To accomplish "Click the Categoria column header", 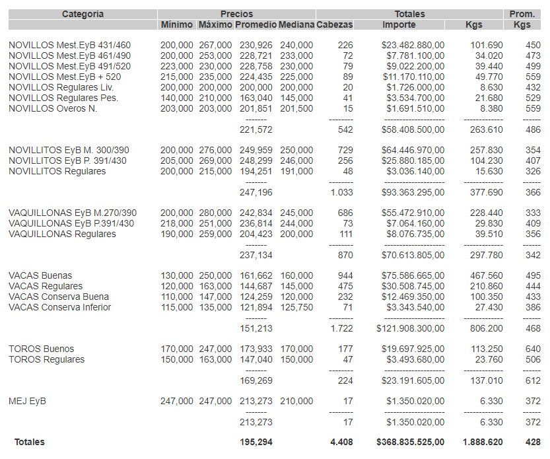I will tap(83, 14).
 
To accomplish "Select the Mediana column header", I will tap(296, 25).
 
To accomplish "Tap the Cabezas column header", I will tap(335, 25).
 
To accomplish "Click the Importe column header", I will tap(399, 25).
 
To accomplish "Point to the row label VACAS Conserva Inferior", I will tap(59, 307).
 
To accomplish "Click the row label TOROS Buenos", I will tap(41, 349).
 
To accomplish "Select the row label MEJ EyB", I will tap(27, 401).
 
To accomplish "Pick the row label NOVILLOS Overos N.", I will tap(53, 108).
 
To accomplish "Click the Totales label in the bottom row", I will tap(30, 442).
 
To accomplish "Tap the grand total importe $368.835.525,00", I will tap(410, 442).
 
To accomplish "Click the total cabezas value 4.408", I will tap(341, 442).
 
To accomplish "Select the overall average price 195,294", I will tap(256, 442).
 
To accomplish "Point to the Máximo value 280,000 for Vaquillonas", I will tap(215, 213).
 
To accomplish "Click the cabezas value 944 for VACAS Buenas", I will tap(345, 275).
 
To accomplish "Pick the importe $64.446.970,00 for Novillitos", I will tap(413, 150).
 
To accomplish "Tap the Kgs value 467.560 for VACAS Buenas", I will tap(485, 275).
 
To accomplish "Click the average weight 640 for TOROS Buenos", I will tap(532, 349).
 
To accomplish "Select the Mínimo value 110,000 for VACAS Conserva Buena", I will tap(177, 297).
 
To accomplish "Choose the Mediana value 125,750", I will tap(296, 307).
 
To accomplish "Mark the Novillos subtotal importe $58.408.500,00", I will tap(413, 129).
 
